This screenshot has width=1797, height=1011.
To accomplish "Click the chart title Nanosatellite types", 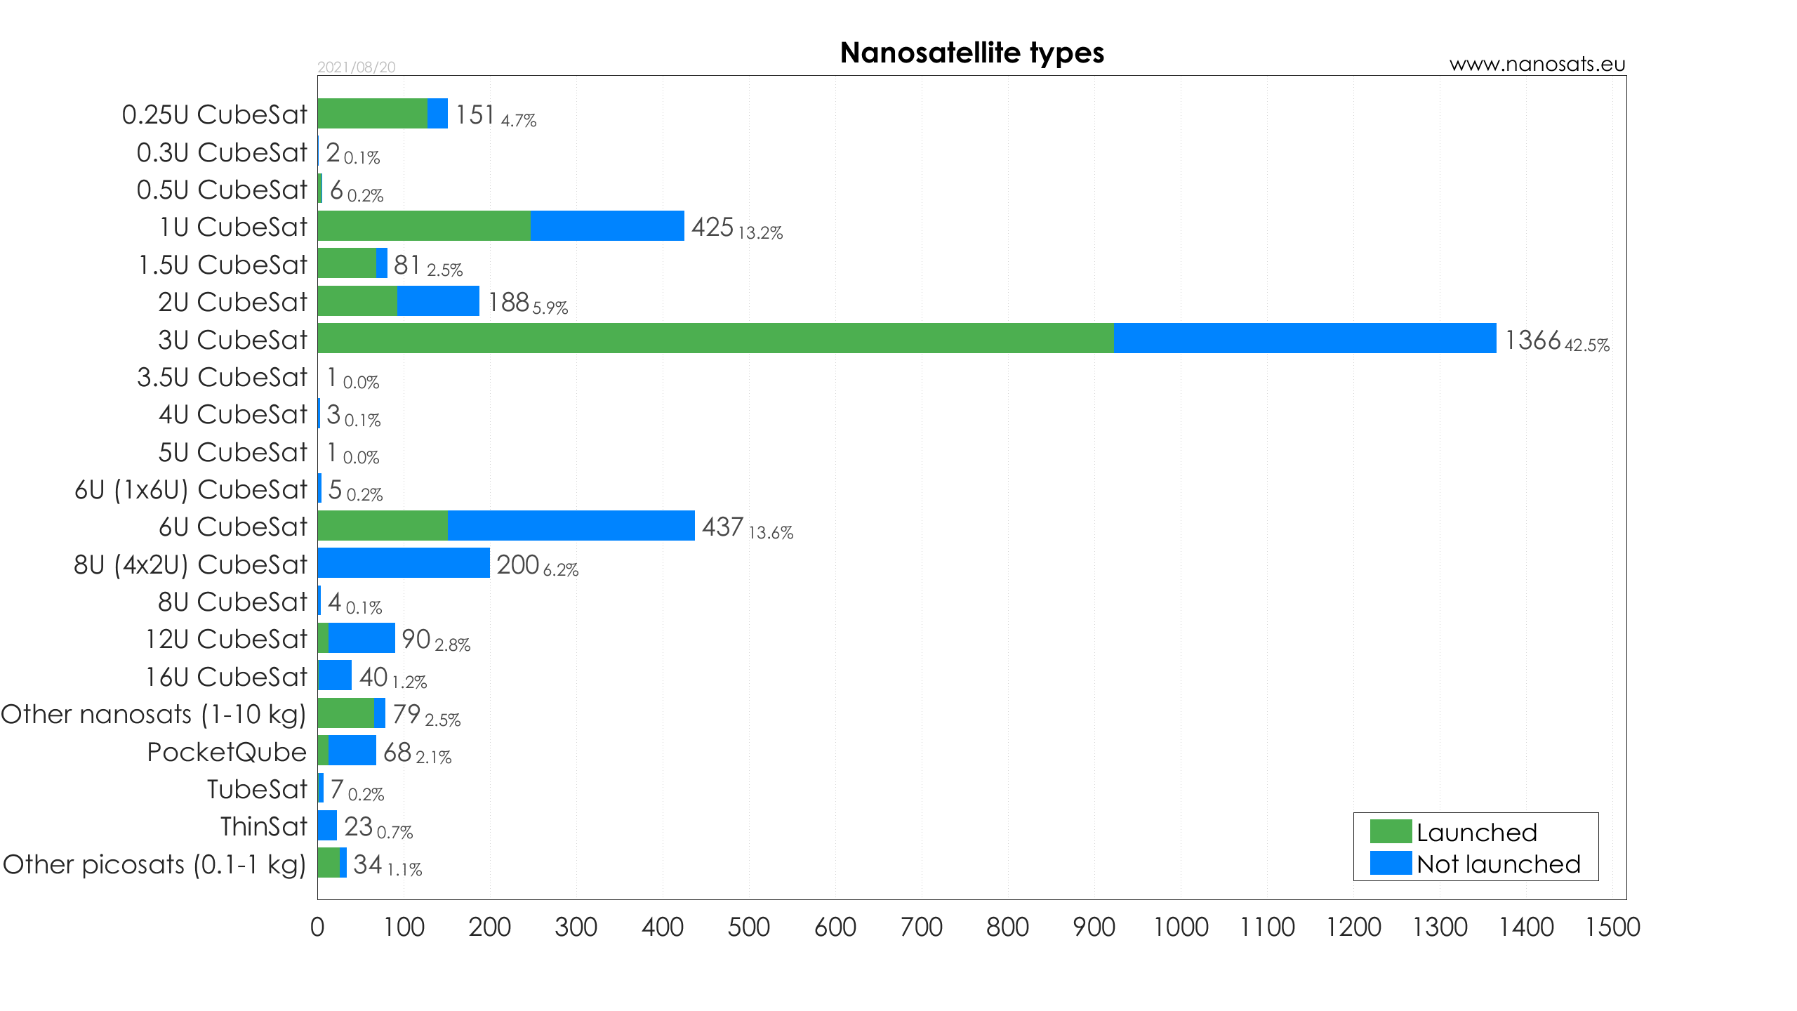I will [972, 53].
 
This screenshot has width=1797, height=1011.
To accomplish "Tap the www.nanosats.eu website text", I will [1537, 64].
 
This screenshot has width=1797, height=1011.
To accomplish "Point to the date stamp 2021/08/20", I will [357, 67].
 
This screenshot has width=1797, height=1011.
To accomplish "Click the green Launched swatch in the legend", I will [1390, 831].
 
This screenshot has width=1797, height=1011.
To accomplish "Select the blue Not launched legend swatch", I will [1390, 864].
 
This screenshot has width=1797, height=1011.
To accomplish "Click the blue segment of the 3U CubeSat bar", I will [1304, 338].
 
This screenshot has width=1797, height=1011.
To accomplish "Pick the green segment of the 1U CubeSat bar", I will [423, 226].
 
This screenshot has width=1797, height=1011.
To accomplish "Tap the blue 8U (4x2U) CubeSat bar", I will [404, 563].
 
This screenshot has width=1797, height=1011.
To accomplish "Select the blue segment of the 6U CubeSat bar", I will [571, 526].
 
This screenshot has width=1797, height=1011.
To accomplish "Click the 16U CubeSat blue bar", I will [335, 675].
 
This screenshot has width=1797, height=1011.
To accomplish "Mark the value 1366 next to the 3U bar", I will [1532, 341].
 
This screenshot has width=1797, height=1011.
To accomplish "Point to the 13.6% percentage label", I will [771, 533].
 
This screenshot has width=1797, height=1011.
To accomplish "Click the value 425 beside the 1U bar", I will [712, 227].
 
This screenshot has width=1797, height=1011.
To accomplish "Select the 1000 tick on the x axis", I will [1181, 927].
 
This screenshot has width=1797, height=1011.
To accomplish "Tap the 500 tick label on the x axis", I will [748, 927].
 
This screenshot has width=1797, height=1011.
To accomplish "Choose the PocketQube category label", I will [227, 752].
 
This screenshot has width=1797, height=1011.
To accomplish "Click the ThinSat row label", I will [263, 826].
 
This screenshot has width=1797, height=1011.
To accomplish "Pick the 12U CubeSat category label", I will [226, 639].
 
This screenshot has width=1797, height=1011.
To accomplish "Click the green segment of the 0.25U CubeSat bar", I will [372, 114].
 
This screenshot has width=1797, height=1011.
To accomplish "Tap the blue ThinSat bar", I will [327, 826].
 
